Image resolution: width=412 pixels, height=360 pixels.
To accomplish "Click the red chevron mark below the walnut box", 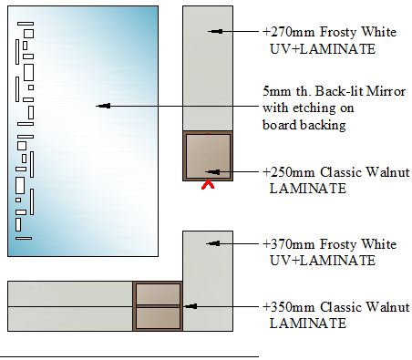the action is [x=208, y=185].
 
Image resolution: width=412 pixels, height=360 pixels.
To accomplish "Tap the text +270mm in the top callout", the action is [x=289, y=32].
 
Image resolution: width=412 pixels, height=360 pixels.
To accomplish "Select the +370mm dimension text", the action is [x=289, y=244].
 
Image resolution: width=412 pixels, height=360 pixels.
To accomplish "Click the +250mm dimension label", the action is [x=289, y=172].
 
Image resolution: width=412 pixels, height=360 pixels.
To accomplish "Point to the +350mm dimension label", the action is [x=289, y=307].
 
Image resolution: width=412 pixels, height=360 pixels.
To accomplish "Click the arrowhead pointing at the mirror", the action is [x=103, y=106].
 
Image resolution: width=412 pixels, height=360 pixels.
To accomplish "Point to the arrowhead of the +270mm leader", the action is [x=215, y=31].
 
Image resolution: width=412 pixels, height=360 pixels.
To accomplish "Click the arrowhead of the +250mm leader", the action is [x=212, y=172].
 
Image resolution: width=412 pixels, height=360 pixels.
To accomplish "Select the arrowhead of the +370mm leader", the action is [x=213, y=243].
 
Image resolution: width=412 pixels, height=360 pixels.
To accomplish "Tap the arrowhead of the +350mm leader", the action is [x=191, y=306].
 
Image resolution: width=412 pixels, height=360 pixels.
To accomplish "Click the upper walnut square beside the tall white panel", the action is [x=208, y=156].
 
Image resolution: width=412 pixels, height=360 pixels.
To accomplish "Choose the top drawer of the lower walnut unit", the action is [x=158, y=294].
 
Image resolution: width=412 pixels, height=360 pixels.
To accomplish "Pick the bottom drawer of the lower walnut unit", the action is [x=158, y=318].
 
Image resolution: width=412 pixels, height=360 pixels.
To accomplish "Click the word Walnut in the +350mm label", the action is [x=386, y=307].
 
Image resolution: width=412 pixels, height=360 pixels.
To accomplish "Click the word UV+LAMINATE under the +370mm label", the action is [x=323, y=261].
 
